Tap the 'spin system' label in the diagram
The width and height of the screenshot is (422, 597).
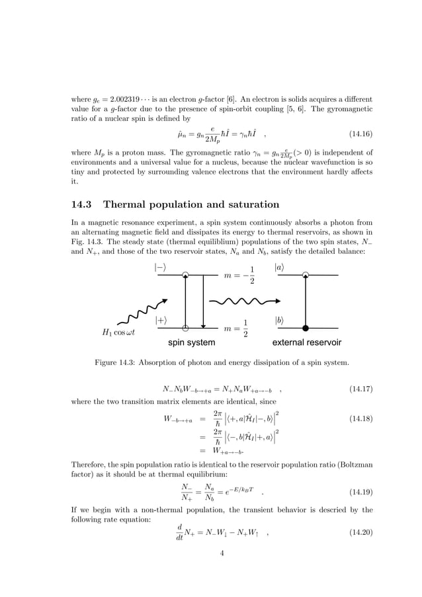pos(191,343)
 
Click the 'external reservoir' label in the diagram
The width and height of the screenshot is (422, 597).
pos(307,343)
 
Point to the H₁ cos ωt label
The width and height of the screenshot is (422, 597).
pos(115,332)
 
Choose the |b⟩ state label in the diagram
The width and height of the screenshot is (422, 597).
pos(280,320)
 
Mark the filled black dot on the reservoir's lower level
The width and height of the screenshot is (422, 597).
pos(305,328)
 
